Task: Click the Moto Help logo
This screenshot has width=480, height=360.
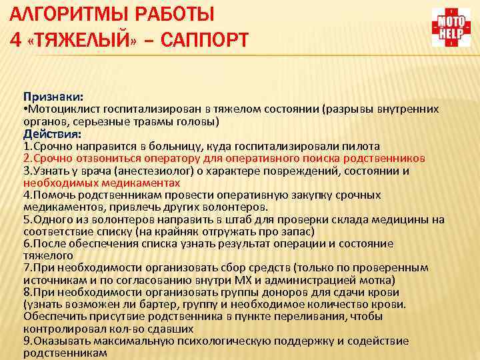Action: pos(450,27)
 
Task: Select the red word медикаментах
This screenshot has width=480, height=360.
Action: pos(130,183)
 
